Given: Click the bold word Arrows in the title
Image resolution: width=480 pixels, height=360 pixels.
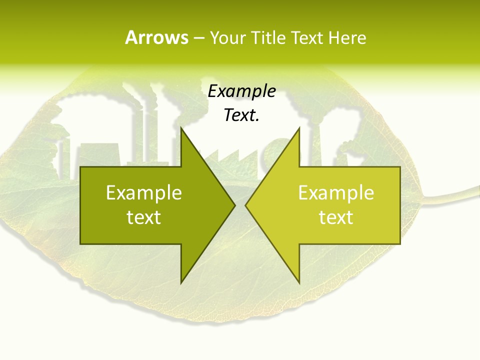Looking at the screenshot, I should point(156,37).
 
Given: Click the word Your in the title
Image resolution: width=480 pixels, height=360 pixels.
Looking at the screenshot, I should point(228,37).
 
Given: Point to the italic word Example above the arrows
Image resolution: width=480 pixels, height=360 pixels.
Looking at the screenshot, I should point(241,91).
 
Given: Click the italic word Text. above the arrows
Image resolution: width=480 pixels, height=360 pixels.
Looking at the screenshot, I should point(241,115).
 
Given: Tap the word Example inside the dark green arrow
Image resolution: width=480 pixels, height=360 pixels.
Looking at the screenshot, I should point(144,193).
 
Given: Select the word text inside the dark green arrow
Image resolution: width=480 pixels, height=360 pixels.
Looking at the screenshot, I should point(144,217).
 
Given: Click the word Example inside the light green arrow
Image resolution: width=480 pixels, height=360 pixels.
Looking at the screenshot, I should point(336,193).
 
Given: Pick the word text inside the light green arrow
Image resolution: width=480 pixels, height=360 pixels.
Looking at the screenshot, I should point(336,217).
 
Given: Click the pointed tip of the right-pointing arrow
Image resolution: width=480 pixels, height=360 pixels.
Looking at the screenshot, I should point(234,205).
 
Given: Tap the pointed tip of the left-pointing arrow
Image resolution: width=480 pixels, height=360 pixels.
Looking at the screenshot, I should point(246,205).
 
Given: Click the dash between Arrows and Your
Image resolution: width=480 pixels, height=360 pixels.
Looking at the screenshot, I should point(198,38).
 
